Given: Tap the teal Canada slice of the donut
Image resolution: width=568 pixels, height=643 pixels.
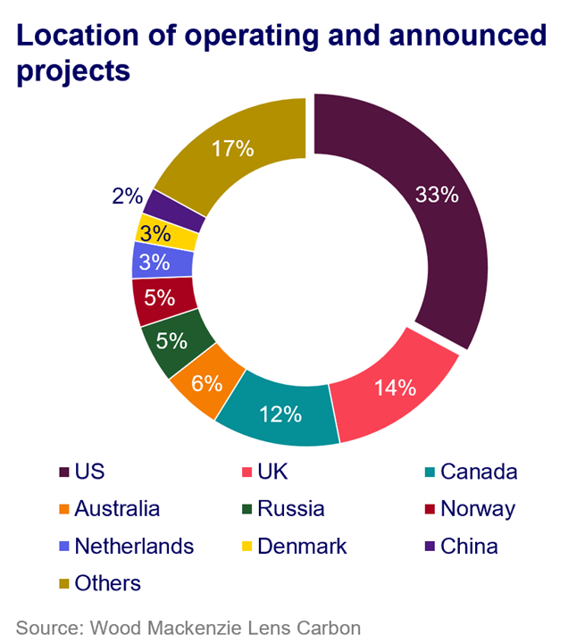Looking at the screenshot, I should pyautogui.click(x=279, y=413).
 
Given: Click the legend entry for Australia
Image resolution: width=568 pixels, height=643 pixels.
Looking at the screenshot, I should pyautogui.click(x=116, y=509).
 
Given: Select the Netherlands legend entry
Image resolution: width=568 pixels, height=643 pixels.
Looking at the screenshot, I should pyautogui.click(x=134, y=545).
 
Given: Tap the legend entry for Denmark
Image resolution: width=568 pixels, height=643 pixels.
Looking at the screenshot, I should pyautogui.click(x=301, y=545).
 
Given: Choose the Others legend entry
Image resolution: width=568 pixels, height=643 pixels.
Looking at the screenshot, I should pyautogui.click(x=107, y=582).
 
